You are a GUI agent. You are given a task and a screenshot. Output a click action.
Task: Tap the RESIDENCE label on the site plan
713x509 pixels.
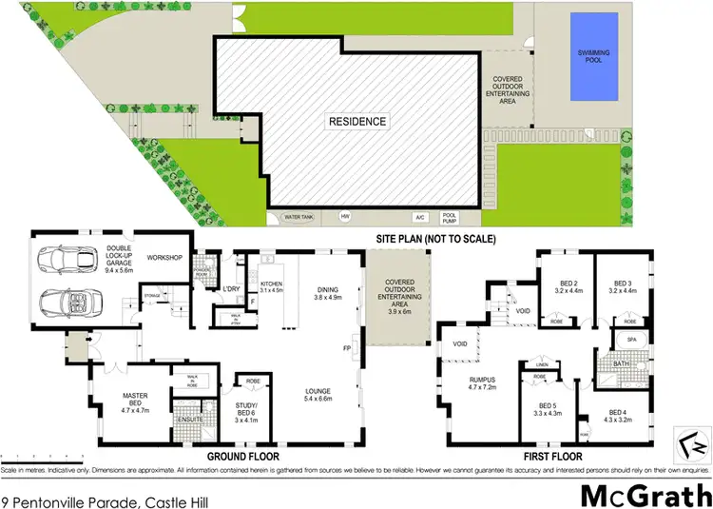point(358,121)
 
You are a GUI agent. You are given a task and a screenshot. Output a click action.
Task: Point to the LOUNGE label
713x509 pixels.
point(318,390)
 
